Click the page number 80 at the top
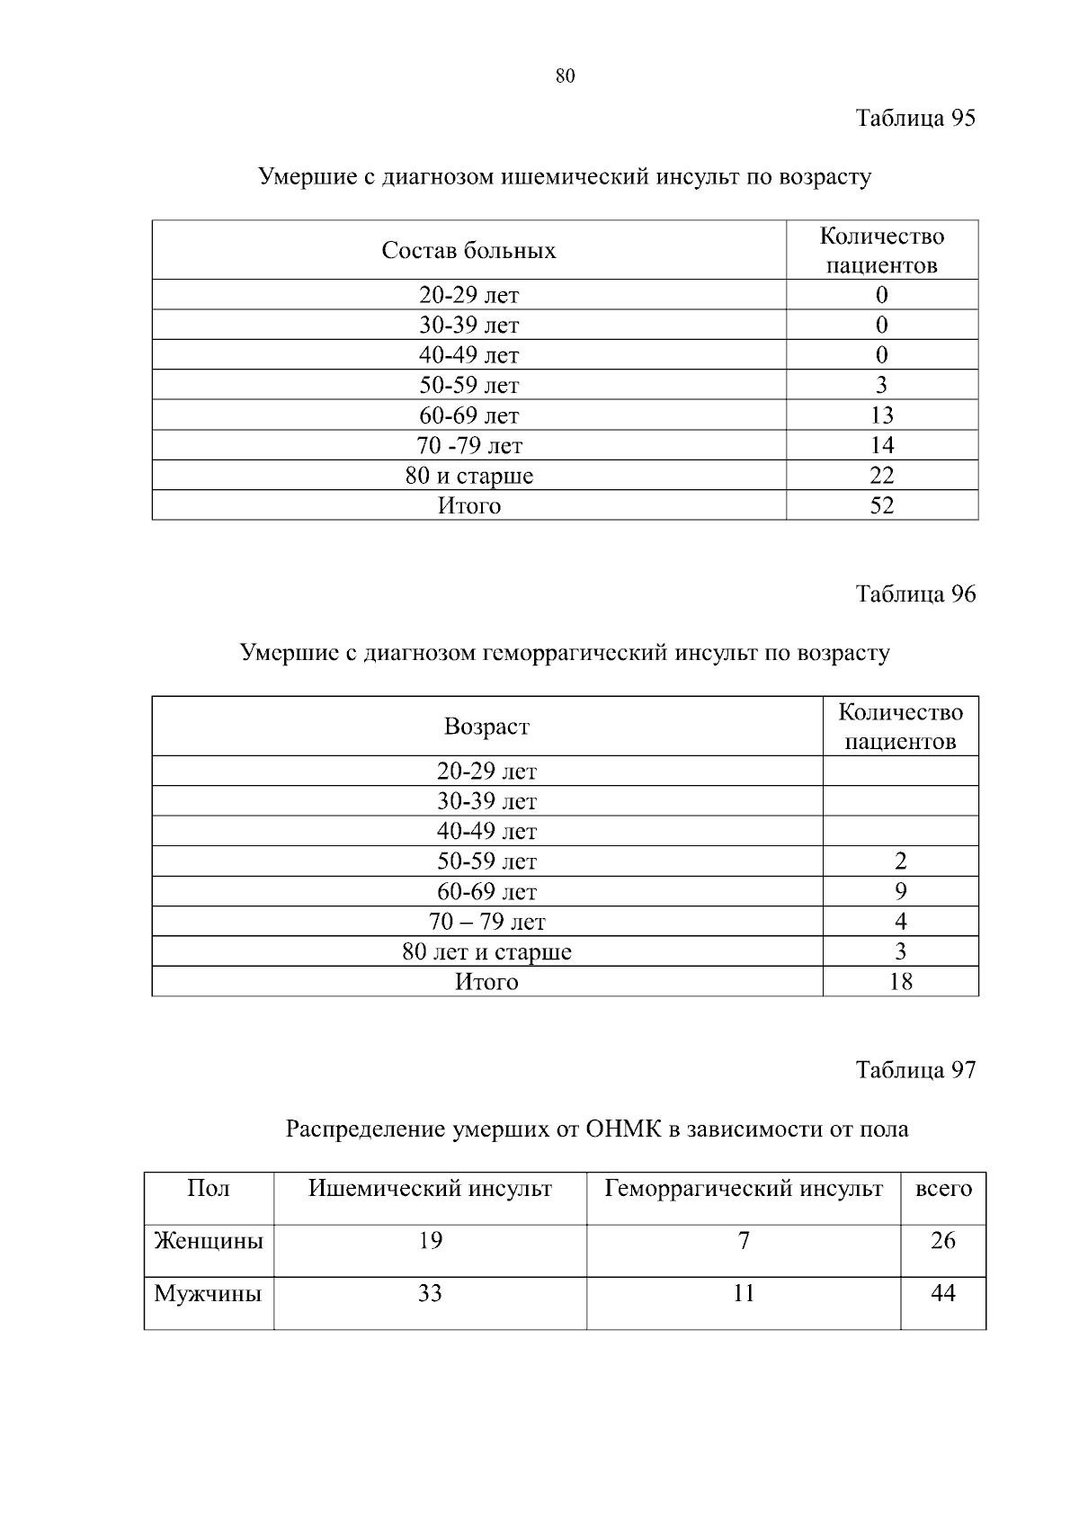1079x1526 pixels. click(565, 76)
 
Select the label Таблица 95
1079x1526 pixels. click(915, 119)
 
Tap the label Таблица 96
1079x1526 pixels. click(915, 594)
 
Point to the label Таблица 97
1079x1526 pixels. click(915, 1070)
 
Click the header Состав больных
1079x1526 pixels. click(468, 250)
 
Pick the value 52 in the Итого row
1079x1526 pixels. click(882, 505)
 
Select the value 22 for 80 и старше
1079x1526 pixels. click(882, 476)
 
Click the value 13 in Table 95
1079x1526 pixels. click(882, 415)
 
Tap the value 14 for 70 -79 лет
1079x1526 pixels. click(882, 445)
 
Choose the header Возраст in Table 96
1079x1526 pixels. click(486, 727)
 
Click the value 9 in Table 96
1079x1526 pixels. click(901, 891)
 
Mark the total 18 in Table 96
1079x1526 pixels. click(901, 982)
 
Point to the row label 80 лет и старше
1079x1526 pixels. click(486, 951)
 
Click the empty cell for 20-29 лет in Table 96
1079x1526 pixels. click(901, 772)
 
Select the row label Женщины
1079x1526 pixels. click(209, 1242)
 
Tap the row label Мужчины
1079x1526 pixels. click(208, 1294)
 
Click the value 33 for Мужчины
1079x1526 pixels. click(430, 1294)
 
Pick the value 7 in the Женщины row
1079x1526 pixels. click(744, 1242)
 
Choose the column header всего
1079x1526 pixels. click(943, 1189)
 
